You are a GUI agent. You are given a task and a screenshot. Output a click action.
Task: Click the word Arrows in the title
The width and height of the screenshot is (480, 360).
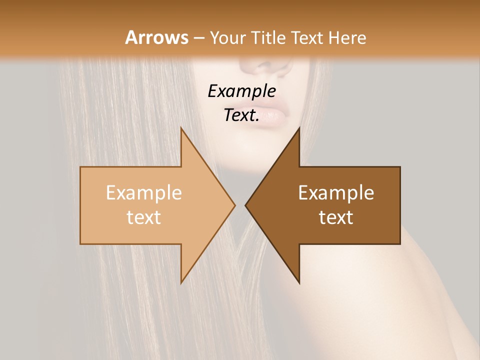(157, 37)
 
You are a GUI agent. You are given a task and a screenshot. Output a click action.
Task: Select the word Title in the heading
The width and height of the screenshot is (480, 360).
(269, 37)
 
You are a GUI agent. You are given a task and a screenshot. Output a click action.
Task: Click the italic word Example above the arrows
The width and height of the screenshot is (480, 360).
(241, 91)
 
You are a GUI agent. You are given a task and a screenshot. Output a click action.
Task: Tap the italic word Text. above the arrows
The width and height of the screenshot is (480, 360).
(241, 115)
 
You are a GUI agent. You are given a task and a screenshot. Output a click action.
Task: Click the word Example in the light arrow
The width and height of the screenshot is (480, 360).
(144, 192)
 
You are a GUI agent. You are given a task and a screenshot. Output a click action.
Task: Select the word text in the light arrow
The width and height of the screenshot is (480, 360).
(144, 217)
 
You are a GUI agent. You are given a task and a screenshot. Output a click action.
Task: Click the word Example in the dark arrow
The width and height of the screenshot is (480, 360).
(336, 192)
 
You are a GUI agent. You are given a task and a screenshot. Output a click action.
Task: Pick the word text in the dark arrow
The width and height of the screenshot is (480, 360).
(336, 217)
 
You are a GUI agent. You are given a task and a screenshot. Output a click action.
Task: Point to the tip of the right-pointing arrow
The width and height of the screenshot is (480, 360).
(235, 205)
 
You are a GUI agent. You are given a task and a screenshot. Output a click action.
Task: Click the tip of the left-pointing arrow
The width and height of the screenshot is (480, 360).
(245, 205)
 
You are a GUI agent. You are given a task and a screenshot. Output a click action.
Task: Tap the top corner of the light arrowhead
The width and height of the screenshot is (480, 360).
(181, 128)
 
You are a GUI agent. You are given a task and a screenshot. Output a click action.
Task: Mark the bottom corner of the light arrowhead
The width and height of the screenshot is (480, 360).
(181, 283)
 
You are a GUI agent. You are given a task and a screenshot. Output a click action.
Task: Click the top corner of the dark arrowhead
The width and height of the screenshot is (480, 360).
(299, 128)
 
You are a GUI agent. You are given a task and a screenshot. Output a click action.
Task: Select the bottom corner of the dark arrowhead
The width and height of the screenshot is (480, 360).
(299, 283)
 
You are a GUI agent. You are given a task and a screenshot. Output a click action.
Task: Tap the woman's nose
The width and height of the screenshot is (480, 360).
(265, 67)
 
